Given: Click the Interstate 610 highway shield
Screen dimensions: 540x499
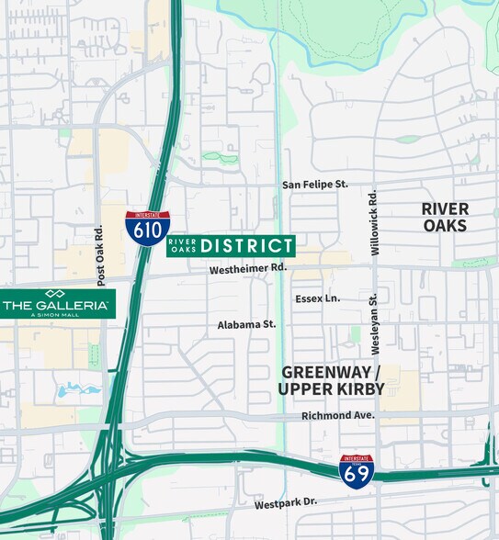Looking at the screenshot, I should click(147, 228).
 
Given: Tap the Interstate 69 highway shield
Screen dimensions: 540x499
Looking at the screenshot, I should click(357, 471).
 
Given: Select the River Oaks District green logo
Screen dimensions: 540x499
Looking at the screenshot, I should click(231, 245).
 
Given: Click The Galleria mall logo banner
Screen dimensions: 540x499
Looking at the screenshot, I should click(57, 303).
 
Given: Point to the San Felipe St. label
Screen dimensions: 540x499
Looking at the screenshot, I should click(315, 185).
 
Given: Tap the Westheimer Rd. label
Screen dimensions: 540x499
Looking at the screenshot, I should click(248, 269).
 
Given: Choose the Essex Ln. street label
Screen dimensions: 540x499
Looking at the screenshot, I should click(318, 298).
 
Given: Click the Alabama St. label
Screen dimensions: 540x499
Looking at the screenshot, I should click(246, 324).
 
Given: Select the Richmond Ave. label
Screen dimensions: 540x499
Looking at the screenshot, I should click(338, 416).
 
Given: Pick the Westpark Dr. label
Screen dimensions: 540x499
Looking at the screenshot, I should click(286, 503).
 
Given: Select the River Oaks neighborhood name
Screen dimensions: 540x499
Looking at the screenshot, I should click(445, 218).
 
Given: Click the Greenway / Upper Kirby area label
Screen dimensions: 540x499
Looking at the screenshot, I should click(331, 380).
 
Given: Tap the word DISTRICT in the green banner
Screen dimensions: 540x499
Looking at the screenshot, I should click(246, 245).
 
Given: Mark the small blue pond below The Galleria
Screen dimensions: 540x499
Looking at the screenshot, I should click(74, 390).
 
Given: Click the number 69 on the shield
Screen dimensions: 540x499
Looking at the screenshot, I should click(357, 475).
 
